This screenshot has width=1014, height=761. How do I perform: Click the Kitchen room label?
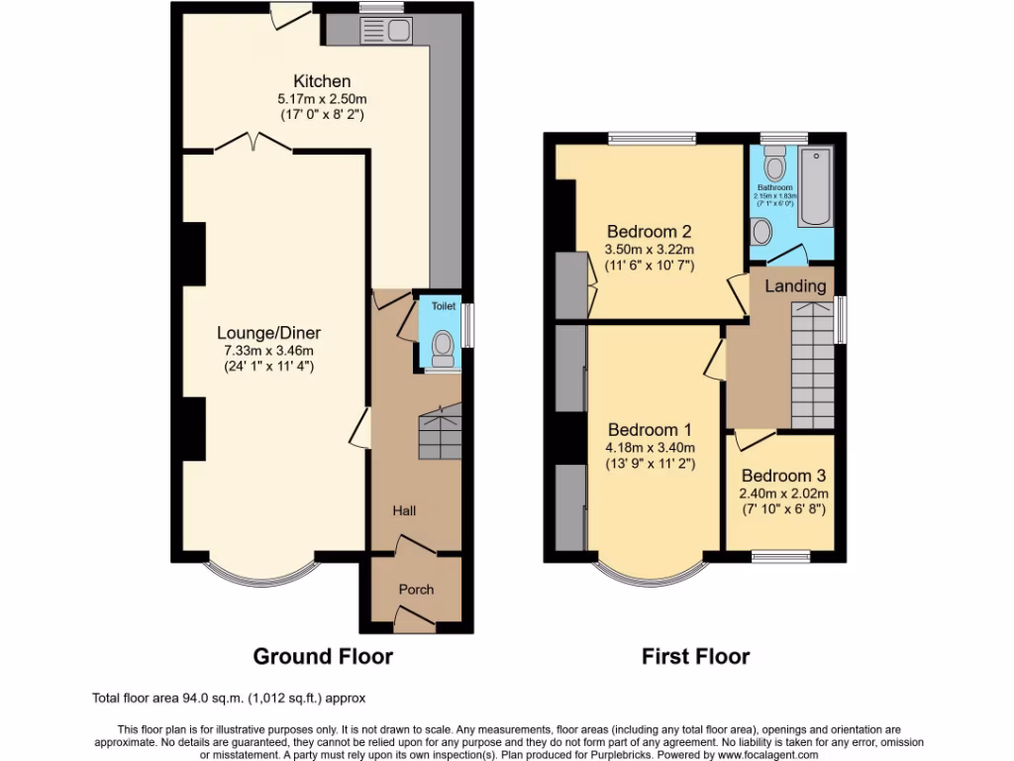(321, 81)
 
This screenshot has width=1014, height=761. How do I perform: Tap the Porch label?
(416, 590)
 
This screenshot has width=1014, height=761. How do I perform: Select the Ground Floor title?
(323, 656)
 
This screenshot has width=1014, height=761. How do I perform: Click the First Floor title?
(695, 656)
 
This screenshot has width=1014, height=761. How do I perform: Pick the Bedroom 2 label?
(650, 232)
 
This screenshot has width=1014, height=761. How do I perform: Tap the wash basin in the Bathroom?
(761, 232)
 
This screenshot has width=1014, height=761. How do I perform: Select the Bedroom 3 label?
(782, 475)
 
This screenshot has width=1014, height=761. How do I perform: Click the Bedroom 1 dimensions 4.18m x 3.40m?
(650, 448)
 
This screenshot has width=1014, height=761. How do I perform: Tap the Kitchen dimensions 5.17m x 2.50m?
(321, 99)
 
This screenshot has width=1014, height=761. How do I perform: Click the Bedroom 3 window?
(779, 556)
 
